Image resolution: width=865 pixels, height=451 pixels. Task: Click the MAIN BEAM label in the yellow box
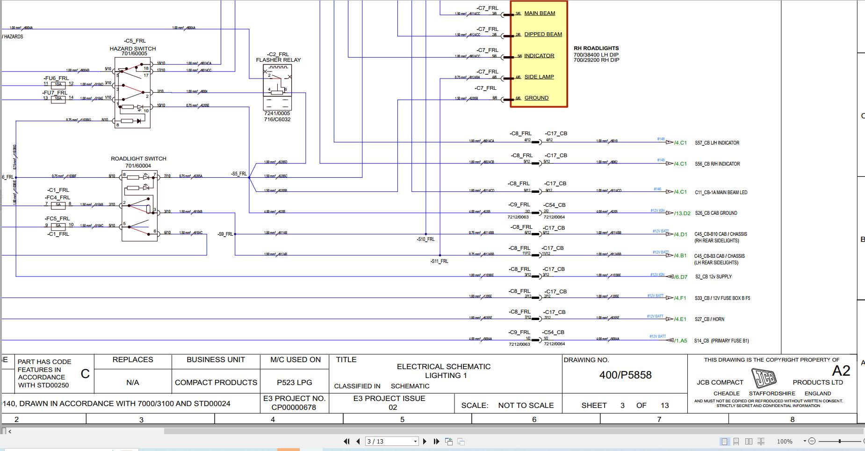[x=540, y=13]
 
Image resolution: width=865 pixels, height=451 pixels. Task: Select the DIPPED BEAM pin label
[x=543, y=34]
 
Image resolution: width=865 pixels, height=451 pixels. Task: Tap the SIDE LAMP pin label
[x=539, y=77]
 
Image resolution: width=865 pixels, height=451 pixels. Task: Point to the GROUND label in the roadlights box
[x=536, y=98]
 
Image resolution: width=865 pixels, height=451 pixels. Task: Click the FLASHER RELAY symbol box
[x=278, y=87]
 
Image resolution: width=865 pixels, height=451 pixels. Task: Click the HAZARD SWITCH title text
[x=133, y=49]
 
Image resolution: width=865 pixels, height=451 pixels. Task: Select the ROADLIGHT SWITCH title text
[x=138, y=159]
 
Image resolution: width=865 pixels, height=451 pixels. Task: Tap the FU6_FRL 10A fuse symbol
[x=58, y=85]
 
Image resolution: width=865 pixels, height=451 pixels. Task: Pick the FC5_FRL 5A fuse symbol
[x=58, y=225]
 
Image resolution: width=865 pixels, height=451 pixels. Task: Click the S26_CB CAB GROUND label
[x=716, y=213]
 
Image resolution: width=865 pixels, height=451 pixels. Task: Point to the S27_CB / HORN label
[x=709, y=319]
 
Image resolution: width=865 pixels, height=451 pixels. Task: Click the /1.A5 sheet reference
[x=681, y=341]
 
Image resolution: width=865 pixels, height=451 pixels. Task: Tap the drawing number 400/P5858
[x=625, y=375]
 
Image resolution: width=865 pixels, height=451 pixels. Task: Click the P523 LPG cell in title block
[x=295, y=382]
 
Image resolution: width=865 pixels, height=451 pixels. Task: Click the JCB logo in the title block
[x=764, y=378]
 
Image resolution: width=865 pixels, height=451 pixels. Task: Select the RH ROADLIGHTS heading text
[x=596, y=48]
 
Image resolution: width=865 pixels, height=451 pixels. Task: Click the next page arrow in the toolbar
[x=425, y=441]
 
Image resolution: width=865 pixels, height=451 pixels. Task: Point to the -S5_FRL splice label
[x=239, y=174]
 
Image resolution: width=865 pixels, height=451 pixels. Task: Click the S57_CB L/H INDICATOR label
[x=717, y=143]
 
